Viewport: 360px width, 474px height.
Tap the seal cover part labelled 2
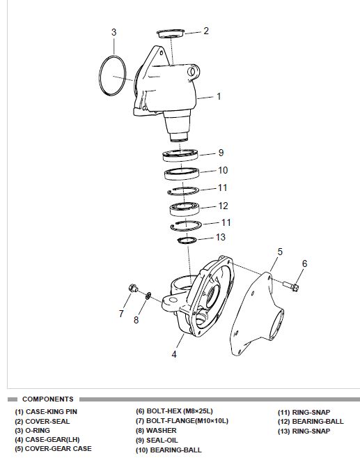coord(171,33)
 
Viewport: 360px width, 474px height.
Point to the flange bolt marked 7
coord(133,288)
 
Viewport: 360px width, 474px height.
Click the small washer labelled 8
coord(148,296)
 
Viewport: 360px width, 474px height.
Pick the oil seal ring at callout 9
coord(180,155)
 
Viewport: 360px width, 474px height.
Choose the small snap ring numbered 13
coord(187,240)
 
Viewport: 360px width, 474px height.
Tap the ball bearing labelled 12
coord(185,209)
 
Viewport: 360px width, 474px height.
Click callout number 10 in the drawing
coord(223,171)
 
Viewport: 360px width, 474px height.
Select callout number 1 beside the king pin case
coord(219,96)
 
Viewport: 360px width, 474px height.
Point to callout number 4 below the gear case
coord(174,354)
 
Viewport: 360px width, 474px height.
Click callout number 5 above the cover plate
coord(280,252)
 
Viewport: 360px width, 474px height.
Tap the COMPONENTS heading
coord(48,399)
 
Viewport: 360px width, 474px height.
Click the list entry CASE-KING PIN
coord(46,411)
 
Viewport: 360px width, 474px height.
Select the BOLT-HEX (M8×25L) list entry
coord(174,411)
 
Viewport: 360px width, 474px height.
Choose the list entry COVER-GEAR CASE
coord(53,449)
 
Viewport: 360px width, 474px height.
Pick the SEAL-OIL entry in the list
coord(157,440)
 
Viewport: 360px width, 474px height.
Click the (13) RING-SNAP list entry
coord(304,431)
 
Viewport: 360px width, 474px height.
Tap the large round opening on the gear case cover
coord(276,325)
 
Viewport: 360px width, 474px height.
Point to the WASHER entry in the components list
coord(156,431)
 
